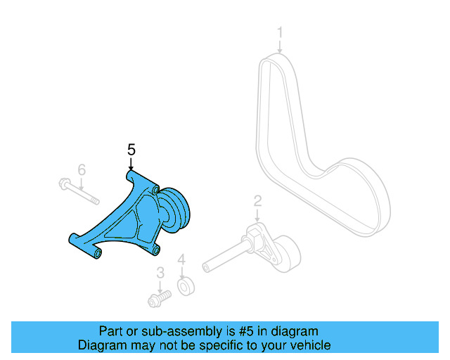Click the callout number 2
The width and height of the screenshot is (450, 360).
click(x=257, y=201)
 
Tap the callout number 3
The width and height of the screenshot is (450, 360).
click(x=160, y=272)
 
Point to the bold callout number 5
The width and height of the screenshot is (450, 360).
click(x=131, y=150)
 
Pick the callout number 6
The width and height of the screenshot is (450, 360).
click(x=82, y=169)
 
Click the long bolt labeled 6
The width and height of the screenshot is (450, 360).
click(x=78, y=191)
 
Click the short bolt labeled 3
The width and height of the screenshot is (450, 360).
click(x=159, y=300)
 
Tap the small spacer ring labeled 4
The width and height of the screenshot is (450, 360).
click(x=185, y=287)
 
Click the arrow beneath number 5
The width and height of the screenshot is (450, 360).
click(x=131, y=163)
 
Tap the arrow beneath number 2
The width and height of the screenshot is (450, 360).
click(x=257, y=215)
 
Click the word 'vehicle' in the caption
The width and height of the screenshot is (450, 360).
click(x=309, y=345)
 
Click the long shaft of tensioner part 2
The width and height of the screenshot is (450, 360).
click(x=225, y=257)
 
